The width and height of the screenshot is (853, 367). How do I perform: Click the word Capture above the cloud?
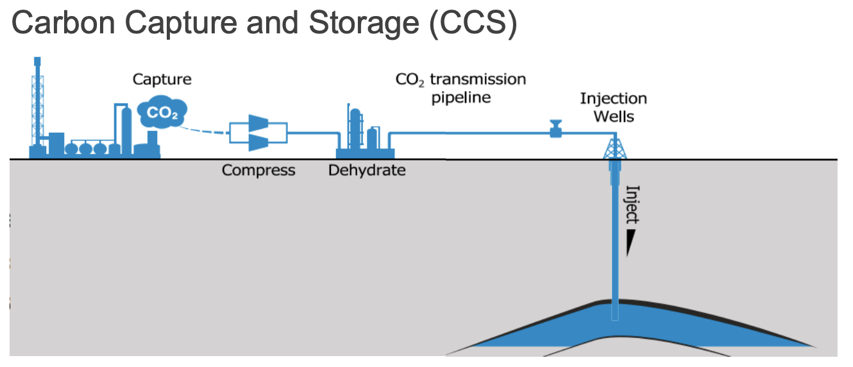point(162,80)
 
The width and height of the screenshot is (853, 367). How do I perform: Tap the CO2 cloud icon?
point(161,112)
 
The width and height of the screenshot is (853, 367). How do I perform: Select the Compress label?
point(258,171)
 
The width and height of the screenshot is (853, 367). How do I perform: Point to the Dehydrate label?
point(367,171)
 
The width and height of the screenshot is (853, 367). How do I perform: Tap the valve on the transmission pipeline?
point(555,129)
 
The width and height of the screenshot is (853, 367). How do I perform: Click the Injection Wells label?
point(613,107)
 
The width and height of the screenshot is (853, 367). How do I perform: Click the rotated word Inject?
point(632,204)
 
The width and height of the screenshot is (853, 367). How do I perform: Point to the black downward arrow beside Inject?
point(632,243)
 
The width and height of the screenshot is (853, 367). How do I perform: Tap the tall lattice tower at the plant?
point(38,103)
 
